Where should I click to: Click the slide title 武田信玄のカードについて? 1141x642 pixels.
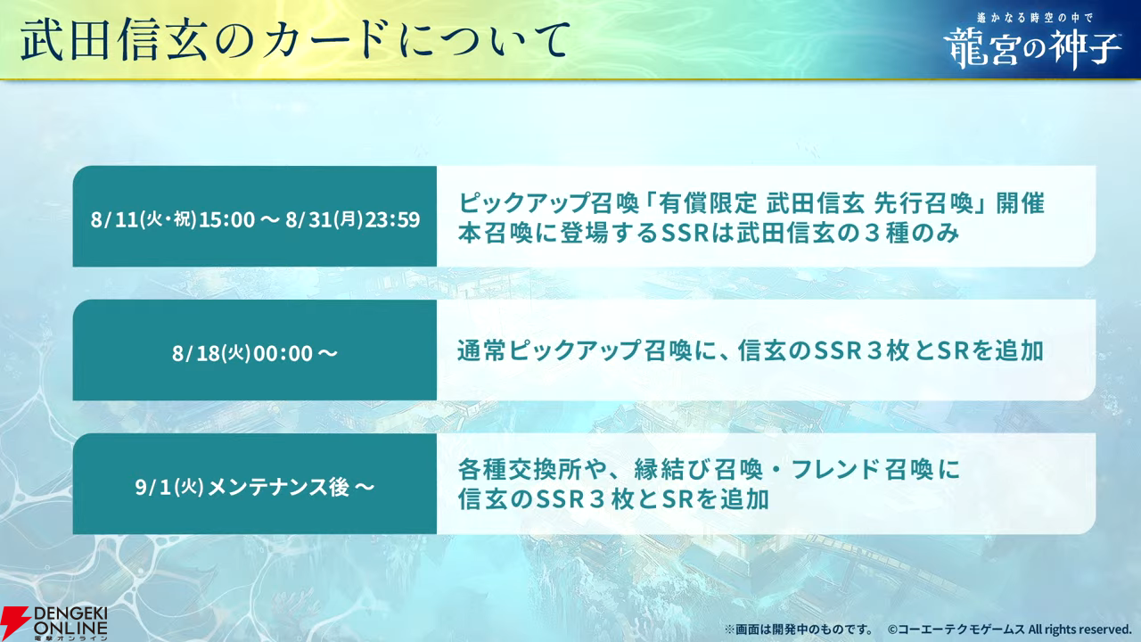coord(295,39)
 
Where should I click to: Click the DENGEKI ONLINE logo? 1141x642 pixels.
coord(54,622)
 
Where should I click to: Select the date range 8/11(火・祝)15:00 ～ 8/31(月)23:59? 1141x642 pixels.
coord(255,219)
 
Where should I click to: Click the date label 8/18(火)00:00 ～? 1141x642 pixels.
coord(255,353)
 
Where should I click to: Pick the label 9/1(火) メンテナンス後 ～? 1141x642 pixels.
coord(255,487)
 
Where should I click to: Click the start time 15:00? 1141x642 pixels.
coord(226,219)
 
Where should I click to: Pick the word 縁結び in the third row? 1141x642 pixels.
coord(671,469)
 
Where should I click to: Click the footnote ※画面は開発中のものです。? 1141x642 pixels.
coord(798,630)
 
